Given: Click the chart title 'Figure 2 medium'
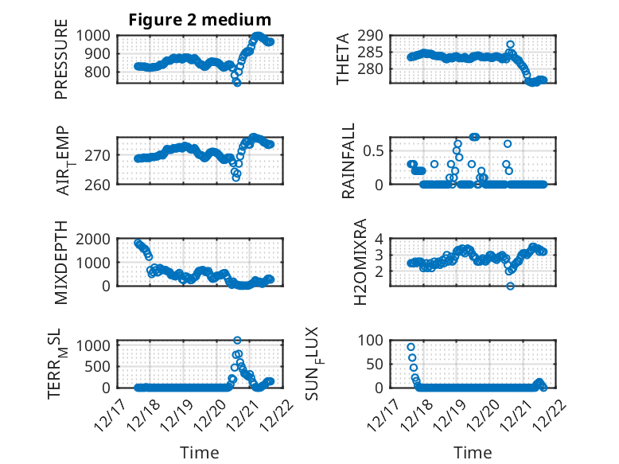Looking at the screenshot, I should pos(200,19).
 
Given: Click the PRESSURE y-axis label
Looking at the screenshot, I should pos(61,65).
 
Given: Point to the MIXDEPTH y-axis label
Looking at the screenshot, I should pos(61,263).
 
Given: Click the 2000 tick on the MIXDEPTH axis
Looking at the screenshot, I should pos(97,239).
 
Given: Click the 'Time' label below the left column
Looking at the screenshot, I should pos(199,453).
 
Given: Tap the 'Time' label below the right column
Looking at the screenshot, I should pos(473,453).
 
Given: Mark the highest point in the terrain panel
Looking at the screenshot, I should pos(237,341).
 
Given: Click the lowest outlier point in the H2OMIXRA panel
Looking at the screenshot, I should pos(510,287).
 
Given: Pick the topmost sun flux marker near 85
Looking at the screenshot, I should pos(411,347).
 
